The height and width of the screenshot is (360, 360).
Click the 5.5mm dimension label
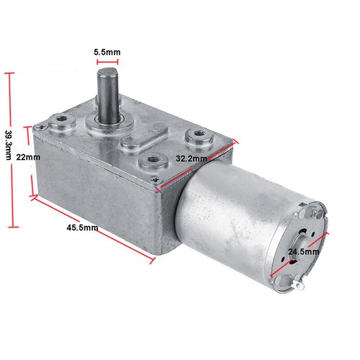tap(107, 52)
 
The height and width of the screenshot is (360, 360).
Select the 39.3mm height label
tap(9, 145)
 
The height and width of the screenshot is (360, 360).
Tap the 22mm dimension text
tap(28, 158)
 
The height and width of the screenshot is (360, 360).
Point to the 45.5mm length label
tap(82, 228)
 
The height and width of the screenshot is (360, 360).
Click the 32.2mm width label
tap(192, 158)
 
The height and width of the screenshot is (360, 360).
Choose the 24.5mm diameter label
tap(304, 252)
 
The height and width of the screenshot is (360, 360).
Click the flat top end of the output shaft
tap(107, 71)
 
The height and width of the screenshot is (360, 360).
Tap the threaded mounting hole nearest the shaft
tap(62, 118)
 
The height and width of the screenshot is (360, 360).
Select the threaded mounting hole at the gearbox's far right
tap(198, 132)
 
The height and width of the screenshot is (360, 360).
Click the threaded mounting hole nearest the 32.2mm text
tap(153, 159)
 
